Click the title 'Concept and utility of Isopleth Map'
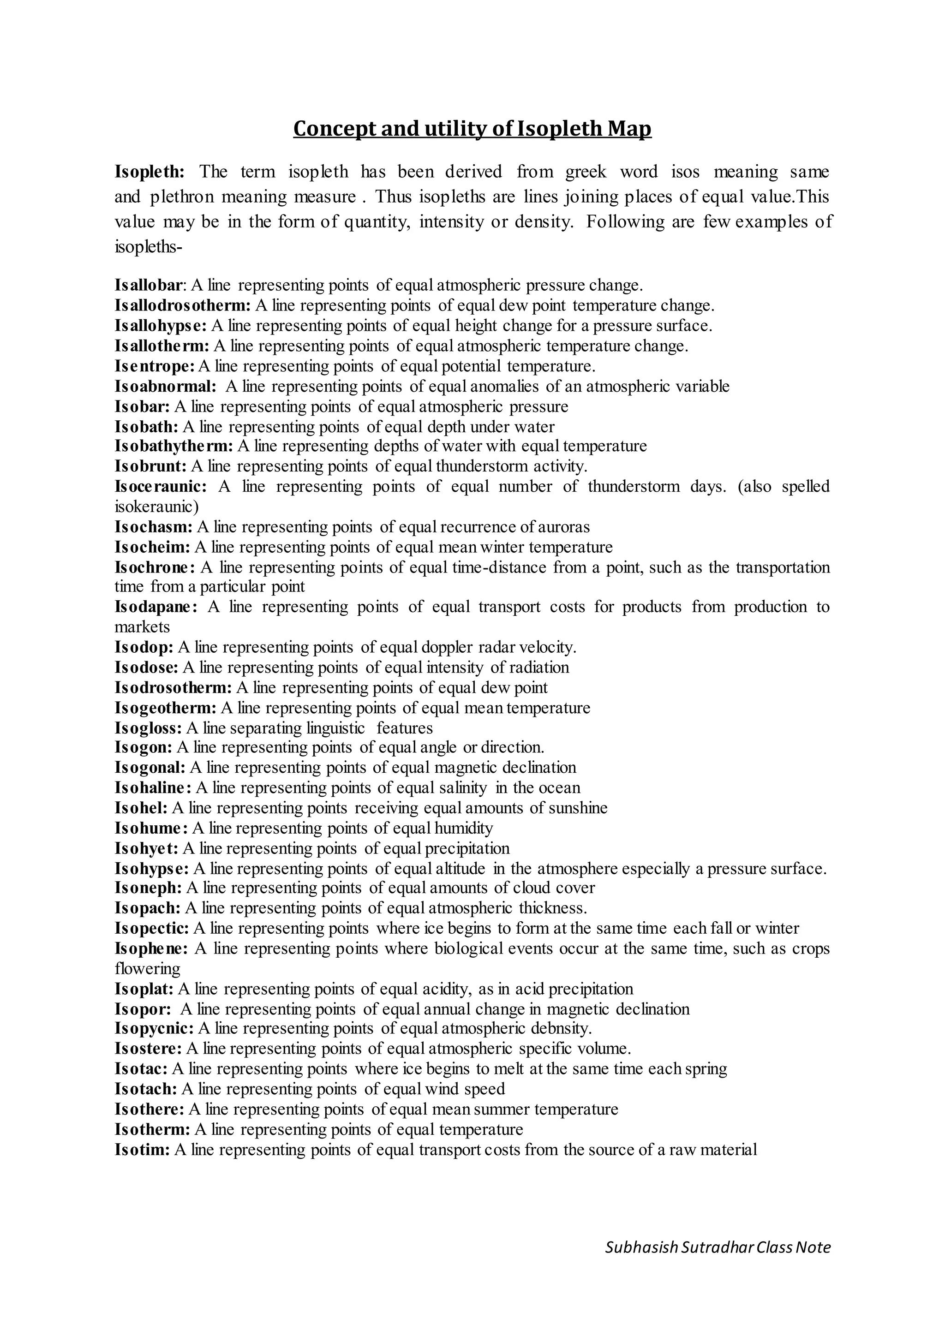(x=472, y=129)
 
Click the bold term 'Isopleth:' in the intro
(x=150, y=172)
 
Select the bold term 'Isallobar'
(x=149, y=286)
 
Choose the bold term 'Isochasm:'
(x=153, y=527)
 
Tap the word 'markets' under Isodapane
(x=142, y=627)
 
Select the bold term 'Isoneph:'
(x=149, y=889)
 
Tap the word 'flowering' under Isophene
(x=147, y=969)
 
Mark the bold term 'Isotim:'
(x=142, y=1150)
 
